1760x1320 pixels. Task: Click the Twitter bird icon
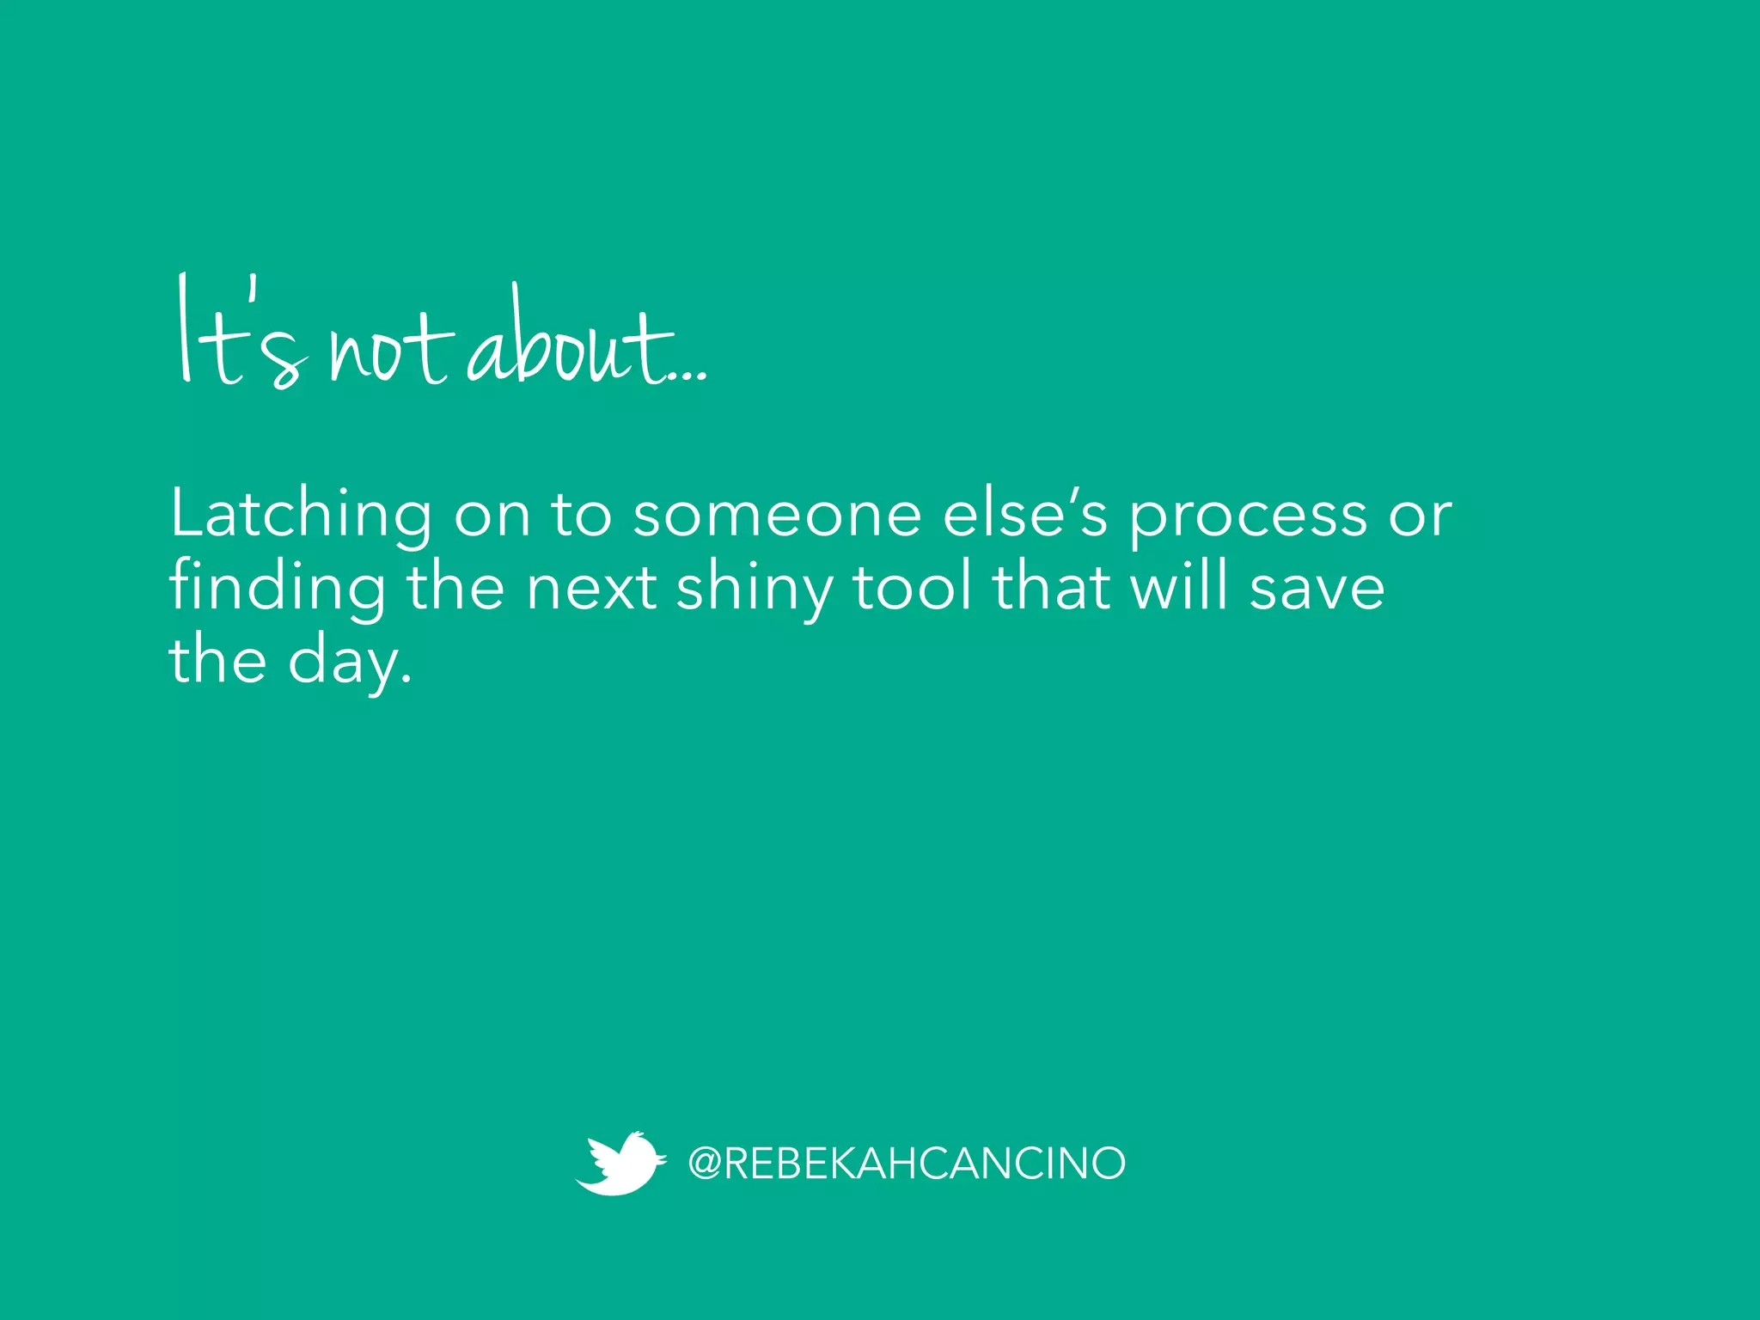point(620,1163)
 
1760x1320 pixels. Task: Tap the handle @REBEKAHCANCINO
point(907,1164)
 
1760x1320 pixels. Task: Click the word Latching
point(301,515)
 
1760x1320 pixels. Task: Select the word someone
point(777,515)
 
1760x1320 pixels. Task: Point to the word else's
point(1025,513)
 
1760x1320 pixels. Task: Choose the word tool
point(914,587)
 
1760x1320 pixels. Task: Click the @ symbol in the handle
point(705,1164)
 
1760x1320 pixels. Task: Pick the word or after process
point(1421,515)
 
